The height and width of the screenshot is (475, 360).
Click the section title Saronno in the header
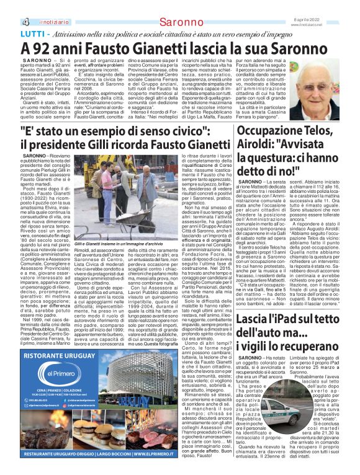[179, 6]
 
